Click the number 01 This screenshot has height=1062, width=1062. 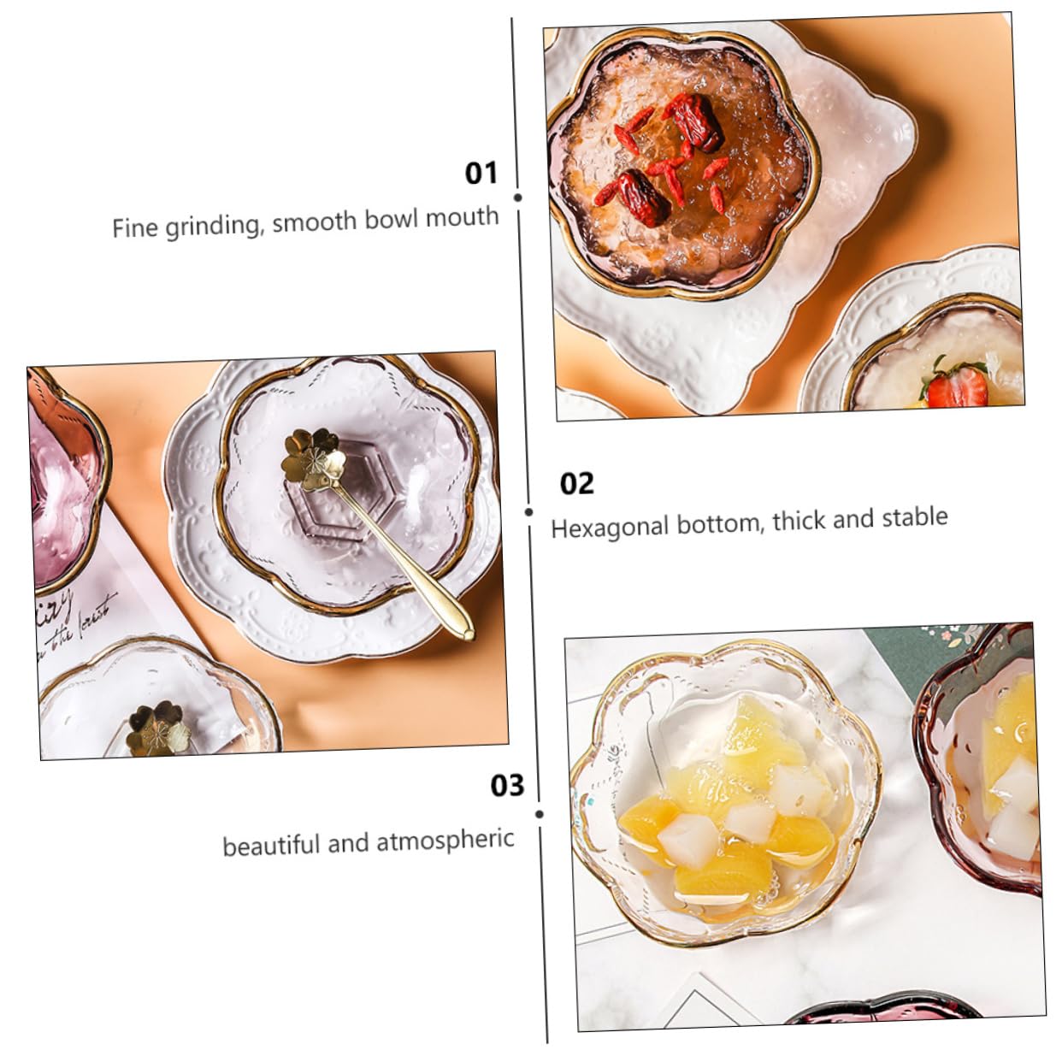point(481,173)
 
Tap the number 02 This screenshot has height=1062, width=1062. point(576,484)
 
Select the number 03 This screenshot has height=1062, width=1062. point(507,785)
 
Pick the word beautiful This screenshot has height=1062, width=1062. point(270,846)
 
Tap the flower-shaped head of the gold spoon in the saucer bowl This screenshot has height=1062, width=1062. point(312,458)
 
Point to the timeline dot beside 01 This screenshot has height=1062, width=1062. point(518,198)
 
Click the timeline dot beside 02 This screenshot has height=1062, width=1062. point(529,511)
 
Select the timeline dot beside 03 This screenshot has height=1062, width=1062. point(540,814)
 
